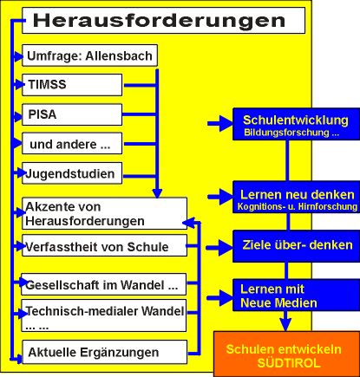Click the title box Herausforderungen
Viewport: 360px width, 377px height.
point(164,21)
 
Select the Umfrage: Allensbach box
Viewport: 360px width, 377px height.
point(89,55)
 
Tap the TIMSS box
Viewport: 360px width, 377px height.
point(72,85)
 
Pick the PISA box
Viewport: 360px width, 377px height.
point(72,114)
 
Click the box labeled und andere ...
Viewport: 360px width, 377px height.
point(72,144)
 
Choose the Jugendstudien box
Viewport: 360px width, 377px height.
point(72,173)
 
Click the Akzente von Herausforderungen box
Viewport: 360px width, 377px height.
point(104,213)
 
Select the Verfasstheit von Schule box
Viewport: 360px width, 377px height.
point(104,245)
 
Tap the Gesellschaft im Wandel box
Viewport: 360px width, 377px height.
point(104,284)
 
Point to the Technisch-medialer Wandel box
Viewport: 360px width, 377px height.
point(104,315)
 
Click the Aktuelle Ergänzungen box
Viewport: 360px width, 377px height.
point(105,352)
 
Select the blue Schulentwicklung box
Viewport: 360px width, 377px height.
point(296,124)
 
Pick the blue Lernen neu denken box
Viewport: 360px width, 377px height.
point(296,198)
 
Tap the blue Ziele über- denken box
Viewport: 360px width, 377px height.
point(296,246)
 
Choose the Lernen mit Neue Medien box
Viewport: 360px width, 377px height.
point(296,295)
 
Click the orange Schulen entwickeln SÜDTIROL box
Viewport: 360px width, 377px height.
point(286,354)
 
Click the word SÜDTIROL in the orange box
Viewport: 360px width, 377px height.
point(289,363)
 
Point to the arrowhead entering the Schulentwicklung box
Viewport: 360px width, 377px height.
point(226,124)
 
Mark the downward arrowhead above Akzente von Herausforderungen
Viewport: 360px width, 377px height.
point(157,193)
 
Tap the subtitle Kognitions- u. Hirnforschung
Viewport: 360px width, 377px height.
point(298,206)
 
